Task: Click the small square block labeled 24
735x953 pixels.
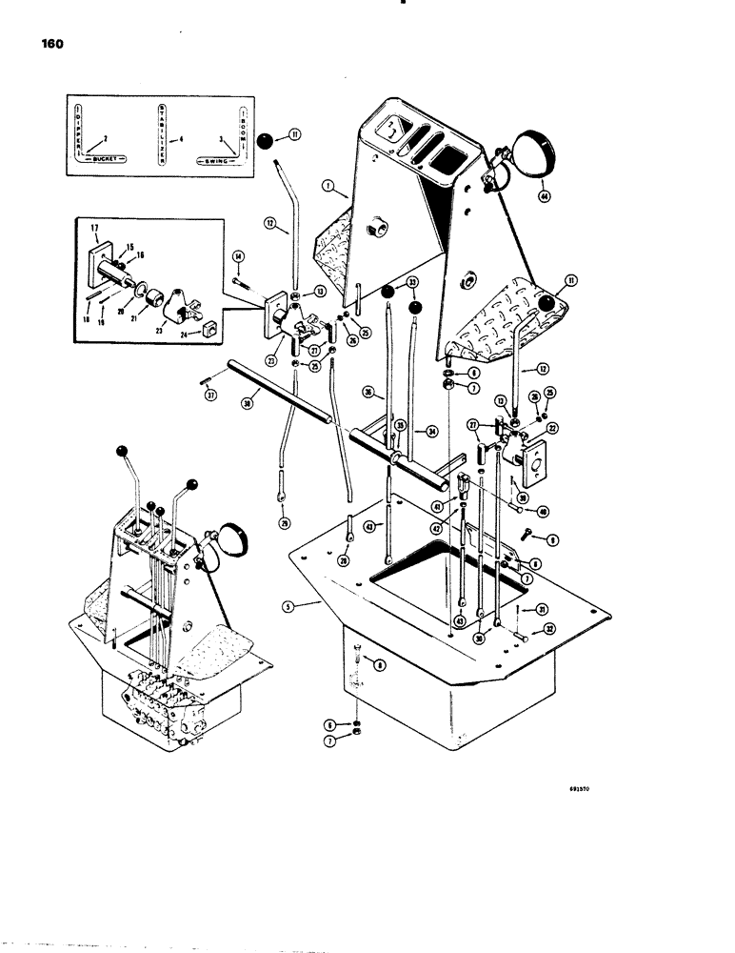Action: [208, 331]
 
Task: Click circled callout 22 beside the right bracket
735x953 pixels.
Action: [551, 428]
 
